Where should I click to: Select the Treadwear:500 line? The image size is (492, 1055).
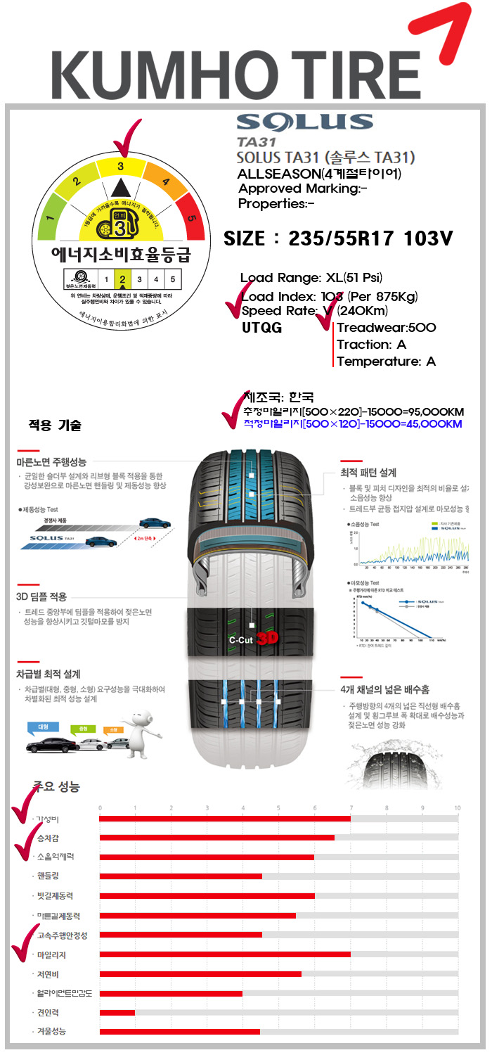point(387,327)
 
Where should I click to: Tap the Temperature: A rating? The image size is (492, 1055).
point(387,362)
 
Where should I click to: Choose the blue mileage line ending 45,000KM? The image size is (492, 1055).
point(352,424)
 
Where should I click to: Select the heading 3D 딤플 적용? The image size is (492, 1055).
point(41,596)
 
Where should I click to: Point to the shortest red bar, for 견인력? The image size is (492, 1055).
point(117,1012)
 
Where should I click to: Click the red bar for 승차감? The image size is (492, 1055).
point(217,838)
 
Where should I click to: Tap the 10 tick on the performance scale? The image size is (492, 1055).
point(458,807)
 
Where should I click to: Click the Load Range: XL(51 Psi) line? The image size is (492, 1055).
point(311,278)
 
